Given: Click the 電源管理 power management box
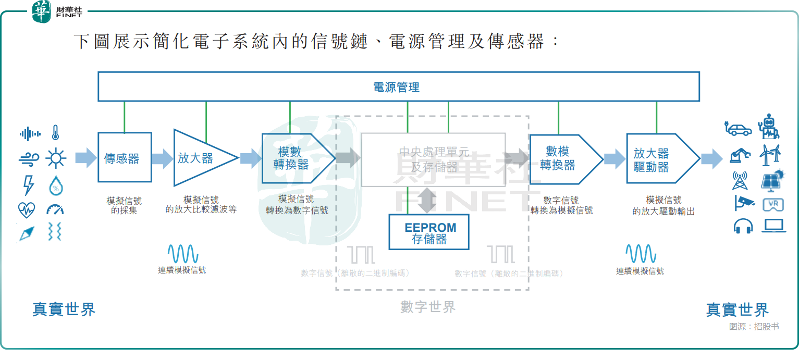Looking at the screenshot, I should [398, 86].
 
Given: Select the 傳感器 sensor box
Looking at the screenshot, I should [125, 157].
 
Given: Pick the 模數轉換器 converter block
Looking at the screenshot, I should [295, 158].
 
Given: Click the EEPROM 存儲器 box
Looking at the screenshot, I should [429, 232].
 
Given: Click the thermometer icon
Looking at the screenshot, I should [55, 133].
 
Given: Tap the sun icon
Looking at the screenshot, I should [55, 158].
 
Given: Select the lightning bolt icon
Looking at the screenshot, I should [29, 185].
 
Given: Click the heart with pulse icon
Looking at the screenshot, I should [26, 210].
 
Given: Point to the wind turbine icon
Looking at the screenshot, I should [770, 155].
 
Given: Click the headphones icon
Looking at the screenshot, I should [743, 227].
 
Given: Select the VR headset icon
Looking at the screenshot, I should [773, 205].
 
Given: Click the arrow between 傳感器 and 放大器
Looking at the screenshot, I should [162, 158].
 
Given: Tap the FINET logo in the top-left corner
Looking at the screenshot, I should [57, 12].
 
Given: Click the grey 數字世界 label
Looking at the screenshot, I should [428, 307].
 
